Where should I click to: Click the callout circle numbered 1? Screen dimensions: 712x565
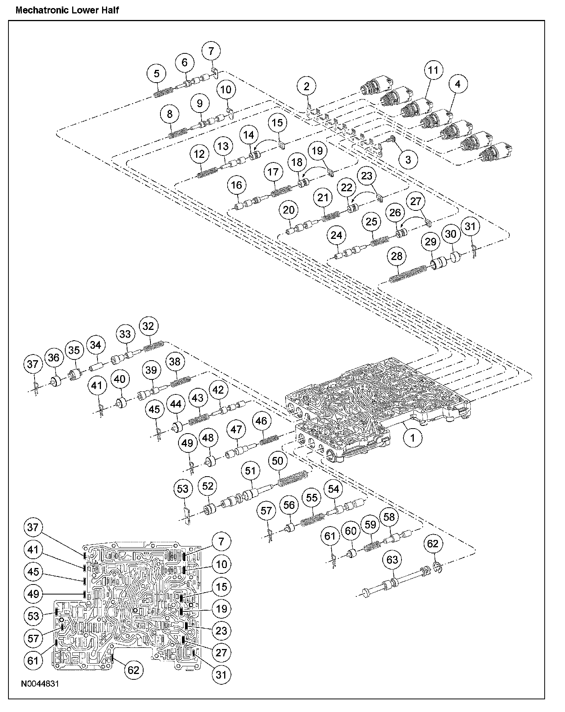(413, 437)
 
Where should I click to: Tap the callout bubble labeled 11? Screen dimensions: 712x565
(433, 70)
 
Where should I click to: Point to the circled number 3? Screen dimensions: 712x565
(408, 159)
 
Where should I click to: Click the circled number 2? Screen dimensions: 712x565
(306, 86)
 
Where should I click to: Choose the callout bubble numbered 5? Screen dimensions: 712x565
(157, 73)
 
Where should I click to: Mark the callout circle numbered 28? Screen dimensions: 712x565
(396, 256)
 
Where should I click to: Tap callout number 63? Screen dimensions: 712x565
(392, 560)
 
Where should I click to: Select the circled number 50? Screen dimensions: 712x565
(277, 460)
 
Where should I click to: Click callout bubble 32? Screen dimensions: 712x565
(148, 326)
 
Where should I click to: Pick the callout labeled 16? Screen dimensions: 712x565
(236, 185)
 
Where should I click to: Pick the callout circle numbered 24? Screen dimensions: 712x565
(336, 235)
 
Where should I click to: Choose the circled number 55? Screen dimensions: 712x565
(312, 498)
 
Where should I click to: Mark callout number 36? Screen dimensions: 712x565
(54, 358)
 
